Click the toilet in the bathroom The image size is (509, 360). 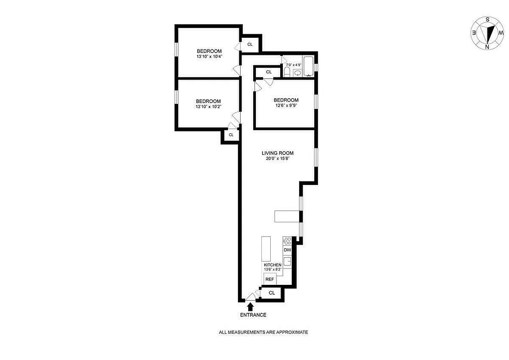pos(287,72)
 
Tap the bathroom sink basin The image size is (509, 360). pos(297,72)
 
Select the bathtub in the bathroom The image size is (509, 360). pos(308,67)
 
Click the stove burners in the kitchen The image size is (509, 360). pos(287,241)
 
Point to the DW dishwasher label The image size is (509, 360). pos(287,250)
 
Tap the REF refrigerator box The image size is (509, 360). pos(270,279)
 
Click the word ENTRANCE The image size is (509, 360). pos(253,315)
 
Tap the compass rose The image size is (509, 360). pos(487,33)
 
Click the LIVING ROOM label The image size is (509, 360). pos(277,153)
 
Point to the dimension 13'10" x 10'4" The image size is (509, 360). pos(209,57)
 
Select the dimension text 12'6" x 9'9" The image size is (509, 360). pos(286,106)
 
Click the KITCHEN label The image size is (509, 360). pos(273,265)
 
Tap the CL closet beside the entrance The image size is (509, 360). pos(272,293)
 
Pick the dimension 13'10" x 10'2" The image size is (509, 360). pos(208,107)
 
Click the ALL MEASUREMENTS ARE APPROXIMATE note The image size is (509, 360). pos(263,333)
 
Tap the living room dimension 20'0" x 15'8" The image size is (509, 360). pos(277,159)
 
